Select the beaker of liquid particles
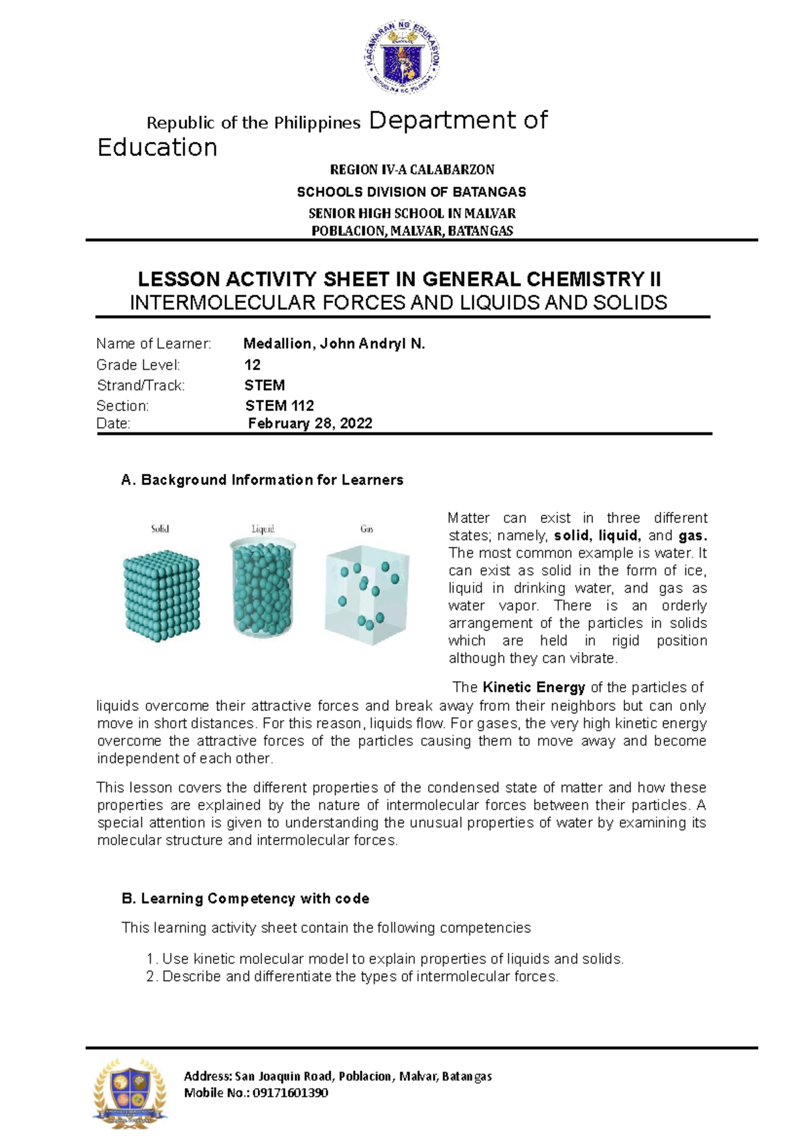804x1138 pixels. point(262,588)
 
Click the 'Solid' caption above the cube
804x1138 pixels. point(160,529)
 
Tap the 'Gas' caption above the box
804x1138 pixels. point(366,529)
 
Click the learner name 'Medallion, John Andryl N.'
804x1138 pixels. point(334,344)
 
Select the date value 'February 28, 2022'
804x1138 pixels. point(310,424)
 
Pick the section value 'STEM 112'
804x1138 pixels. point(279,405)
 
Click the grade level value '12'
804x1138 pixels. point(253,365)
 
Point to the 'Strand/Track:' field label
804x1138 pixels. point(140,385)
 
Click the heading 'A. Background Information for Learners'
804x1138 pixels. point(262,480)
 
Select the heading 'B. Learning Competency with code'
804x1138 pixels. point(245,898)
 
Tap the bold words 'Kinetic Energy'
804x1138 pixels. point(533,687)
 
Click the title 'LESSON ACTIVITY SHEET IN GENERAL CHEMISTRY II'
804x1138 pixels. point(399,279)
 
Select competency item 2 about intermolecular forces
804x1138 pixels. point(352,976)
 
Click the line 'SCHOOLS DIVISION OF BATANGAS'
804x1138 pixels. point(411,192)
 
